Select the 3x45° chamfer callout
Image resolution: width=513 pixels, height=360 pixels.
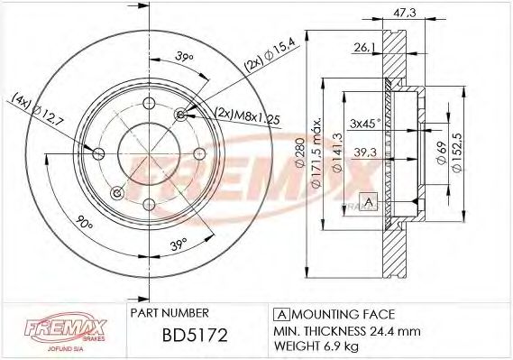tap(365, 123)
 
